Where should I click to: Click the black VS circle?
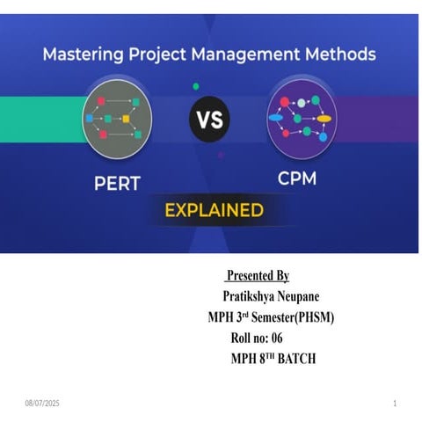[210, 119]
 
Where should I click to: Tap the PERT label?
[118, 185]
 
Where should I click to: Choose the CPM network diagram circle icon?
[302, 117]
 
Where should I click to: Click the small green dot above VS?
[195, 86]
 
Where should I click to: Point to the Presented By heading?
[258, 276]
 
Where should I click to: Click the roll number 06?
[274, 338]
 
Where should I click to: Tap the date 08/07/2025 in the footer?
[42, 403]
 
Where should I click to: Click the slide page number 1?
[395, 403]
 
